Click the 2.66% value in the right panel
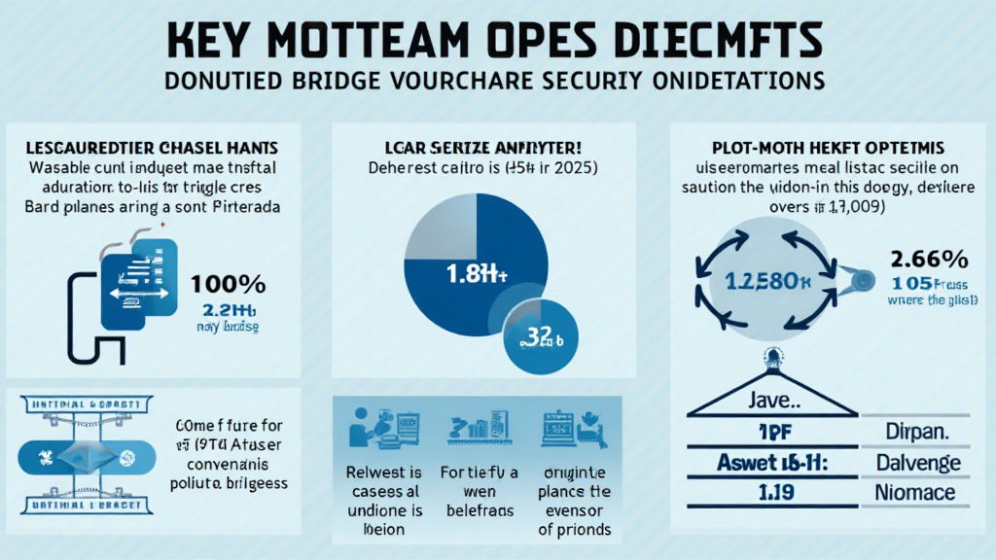pos(928,260)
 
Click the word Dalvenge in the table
pos(918,464)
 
